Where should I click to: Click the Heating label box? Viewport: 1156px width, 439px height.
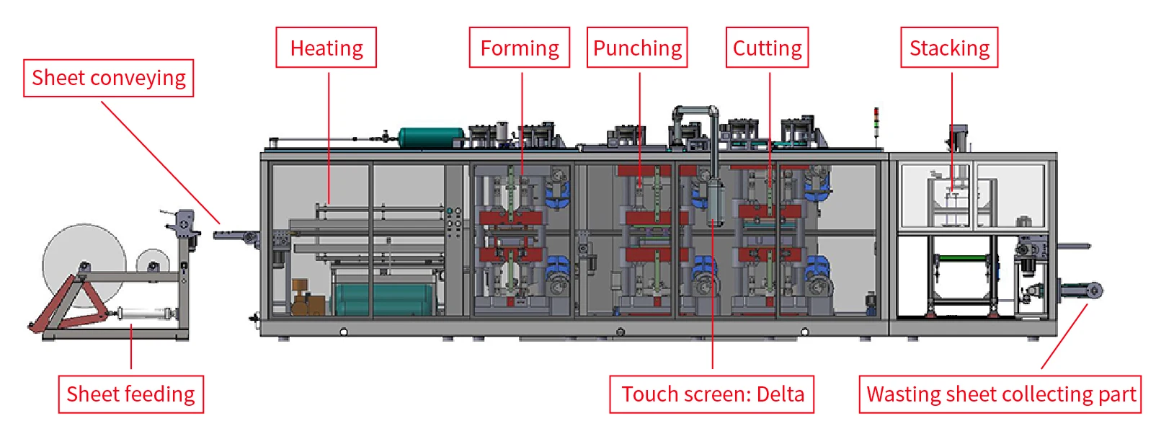(x=326, y=48)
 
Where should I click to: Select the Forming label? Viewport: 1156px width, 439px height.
(x=519, y=48)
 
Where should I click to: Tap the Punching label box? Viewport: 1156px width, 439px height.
(x=637, y=48)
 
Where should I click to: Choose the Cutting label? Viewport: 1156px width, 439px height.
(x=767, y=48)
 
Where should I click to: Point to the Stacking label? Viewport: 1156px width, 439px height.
(x=949, y=48)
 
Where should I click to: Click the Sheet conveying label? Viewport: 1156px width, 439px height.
(x=109, y=78)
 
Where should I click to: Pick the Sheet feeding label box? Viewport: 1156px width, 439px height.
(x=130, y=394)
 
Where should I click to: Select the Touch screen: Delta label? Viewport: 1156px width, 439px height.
(x=712, y=394)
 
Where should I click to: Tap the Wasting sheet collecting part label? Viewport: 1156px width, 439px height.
(x=1000, y=394)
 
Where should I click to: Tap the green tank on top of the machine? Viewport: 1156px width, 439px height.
(x=431, y=137)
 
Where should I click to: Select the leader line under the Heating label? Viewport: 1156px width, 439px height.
(x=329, y=137)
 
